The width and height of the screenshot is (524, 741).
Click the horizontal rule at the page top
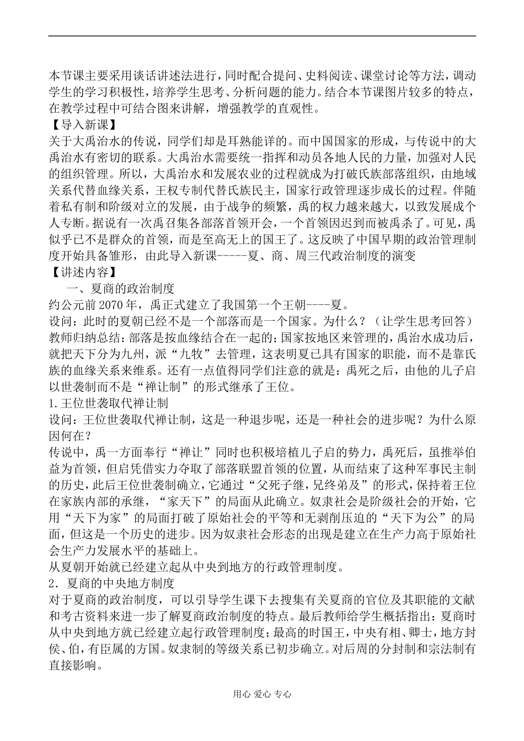click(x=261, y=36)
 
